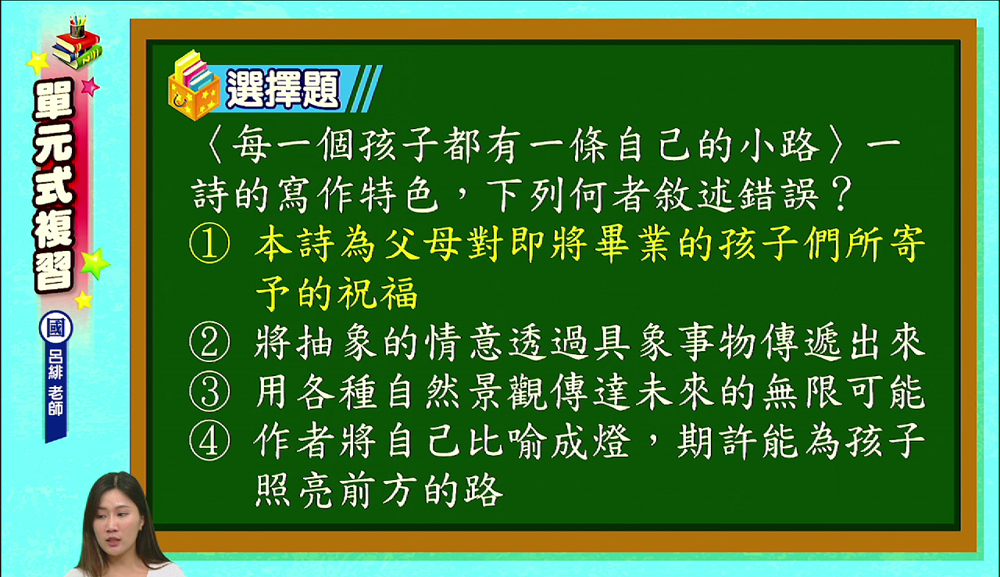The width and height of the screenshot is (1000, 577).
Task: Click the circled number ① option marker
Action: click(x=210, y=243)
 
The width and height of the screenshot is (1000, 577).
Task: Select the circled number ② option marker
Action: click(x=210, y=342)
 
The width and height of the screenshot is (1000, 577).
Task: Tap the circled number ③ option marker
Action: click(x=210, y=392)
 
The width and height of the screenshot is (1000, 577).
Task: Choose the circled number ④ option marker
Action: click(x=210, y=441)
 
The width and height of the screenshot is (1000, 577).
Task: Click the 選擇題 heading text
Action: click(x=283, y=89)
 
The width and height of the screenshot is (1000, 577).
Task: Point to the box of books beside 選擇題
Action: click(x=195, y=85)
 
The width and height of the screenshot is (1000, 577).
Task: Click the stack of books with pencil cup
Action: click(x=77, y=42)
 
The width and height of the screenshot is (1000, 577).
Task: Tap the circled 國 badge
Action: click(x=55, y=328)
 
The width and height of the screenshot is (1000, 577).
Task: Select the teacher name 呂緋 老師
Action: click(x=55, y=382)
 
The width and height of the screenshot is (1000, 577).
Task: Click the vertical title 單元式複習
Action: click(x=54, y=185)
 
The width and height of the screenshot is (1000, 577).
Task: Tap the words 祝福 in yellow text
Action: click(x=377, y=293)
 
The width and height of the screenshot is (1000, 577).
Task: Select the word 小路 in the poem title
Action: click(x=780, y=145)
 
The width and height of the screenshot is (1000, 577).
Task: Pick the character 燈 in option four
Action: click(x=612, y=441)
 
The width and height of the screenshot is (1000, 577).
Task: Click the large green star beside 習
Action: click(x=95, y=263)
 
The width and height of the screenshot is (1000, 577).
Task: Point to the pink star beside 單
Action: click(x=90, y=86)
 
